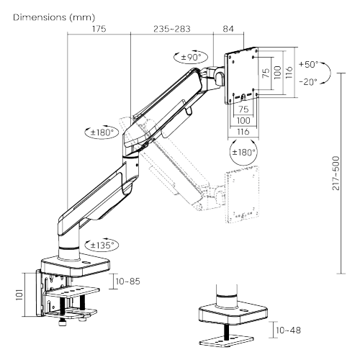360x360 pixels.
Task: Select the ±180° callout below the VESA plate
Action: click(x=242, y=152)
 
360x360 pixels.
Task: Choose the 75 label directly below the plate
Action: click(x=243, y=109)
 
